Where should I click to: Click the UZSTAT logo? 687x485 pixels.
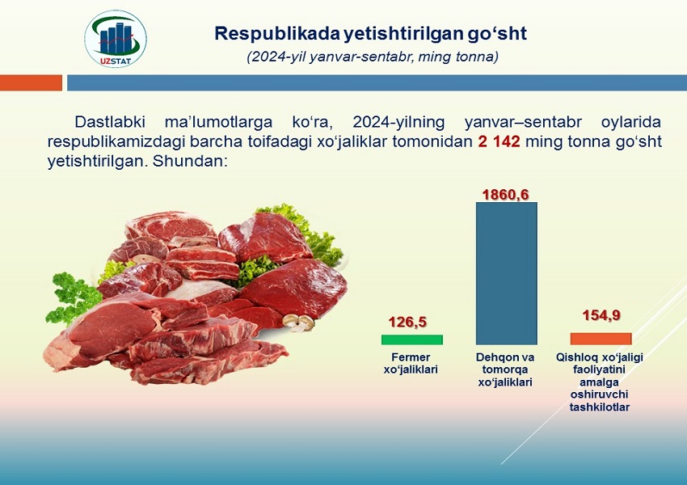[x=116, y=39]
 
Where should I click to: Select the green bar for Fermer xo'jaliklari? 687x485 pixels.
[x=412, y=339]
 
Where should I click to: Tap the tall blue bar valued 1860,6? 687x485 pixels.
[x=507, y=273]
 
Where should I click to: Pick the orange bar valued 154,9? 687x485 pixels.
[x=601, y=339]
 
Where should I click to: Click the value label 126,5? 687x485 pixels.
[x=407, y=322]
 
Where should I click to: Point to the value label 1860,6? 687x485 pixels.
[x=506, y=194]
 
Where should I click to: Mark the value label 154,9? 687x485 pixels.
[x=601, y=315]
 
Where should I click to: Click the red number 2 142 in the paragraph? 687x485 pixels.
[x=499, y=141]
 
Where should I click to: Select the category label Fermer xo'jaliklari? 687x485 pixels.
[x=411, y=363]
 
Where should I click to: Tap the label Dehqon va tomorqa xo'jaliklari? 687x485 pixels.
[x=505, y=369]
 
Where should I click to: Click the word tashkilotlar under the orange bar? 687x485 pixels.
[x=600, y=407]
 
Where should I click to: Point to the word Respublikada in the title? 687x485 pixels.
[x=277, y=34]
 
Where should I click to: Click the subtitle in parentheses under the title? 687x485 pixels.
[x=373, y=57]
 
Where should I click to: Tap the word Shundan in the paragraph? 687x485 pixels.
[x=188, y=161]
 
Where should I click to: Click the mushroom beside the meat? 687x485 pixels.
[x=298, y=322]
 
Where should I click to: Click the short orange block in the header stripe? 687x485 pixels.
[x=31, y=82]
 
